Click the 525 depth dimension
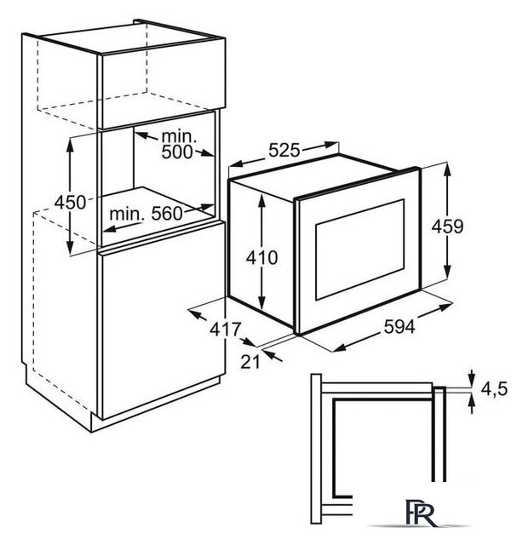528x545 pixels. coord(284,151)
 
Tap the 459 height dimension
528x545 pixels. coord(447,227)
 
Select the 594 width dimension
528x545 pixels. coord(399,327)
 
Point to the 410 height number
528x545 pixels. coord(261,257)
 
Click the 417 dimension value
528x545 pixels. coord(225,329)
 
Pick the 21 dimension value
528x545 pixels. coord(250,362)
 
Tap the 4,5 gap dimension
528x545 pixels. coord(494,388)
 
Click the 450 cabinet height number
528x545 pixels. coord(70,202)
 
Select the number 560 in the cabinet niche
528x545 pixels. coord(167,214)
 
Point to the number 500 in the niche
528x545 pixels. coord(177,152)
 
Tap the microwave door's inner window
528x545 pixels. coord(359,250)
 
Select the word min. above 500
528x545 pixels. coord(179,136)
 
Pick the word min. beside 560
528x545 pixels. coord(127,215)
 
